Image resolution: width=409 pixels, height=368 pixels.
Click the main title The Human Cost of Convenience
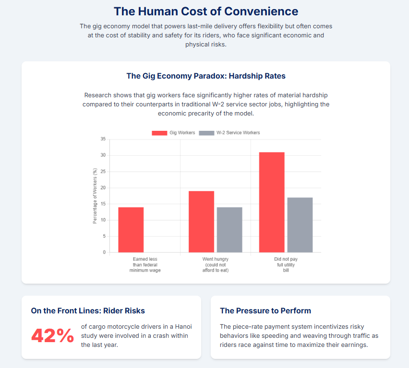[x=205, y=11]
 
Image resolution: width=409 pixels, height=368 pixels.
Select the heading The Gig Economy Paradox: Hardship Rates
[x=205, y=76]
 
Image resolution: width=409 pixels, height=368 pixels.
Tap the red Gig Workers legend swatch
[x=159, y=133]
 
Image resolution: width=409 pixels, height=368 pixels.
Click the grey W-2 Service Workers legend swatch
[x=206, y=133]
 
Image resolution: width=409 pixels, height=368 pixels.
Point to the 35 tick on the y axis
[x=103, y=139]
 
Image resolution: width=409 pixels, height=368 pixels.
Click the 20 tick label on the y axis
[x=103, y=188]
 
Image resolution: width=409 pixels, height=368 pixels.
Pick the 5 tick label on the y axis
[x=104, y=236]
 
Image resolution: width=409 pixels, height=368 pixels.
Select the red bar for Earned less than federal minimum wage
[x=131, y=230]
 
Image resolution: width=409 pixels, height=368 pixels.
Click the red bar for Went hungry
[x=201, y=221]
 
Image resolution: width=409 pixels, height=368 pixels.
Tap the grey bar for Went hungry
[x=229, y=230]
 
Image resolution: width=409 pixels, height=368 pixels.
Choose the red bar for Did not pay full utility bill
[x=272, y=202]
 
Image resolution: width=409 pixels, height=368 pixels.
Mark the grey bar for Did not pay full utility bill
[x=300, y=225]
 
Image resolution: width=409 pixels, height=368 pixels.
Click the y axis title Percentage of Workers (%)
[x=95, y=195]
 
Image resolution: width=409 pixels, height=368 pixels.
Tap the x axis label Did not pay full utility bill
[x=286, y=264]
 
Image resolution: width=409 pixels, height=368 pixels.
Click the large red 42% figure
[x=52, y=336]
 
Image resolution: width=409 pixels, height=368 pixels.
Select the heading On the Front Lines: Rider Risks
[x=88, y=310]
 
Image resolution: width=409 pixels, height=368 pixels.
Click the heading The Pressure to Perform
[x=265, y=310]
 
